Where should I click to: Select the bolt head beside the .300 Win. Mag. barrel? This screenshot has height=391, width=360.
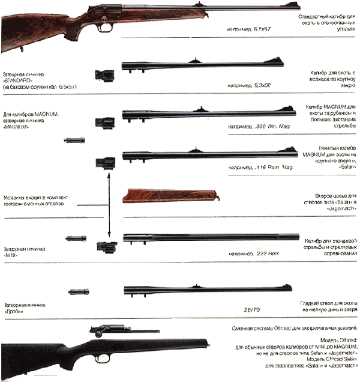(x=101, y=122)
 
